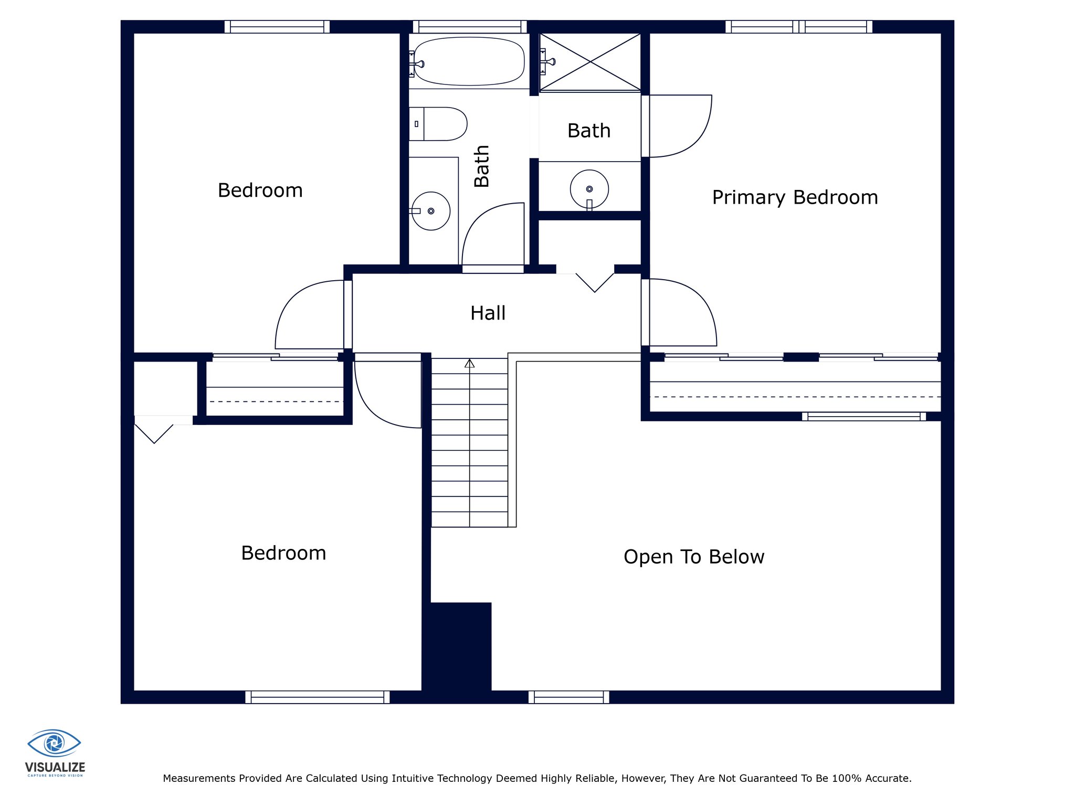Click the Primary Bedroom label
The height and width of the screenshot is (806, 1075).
(x=795, y=198)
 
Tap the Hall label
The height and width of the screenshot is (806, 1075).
(x=488, y=313)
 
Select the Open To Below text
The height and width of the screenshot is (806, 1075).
(x=694, y=557)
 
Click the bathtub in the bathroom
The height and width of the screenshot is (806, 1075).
(x=469, y=61)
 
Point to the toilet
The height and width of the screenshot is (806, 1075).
(x=438, y=124)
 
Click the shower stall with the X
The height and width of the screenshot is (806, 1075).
(x=590, y=62)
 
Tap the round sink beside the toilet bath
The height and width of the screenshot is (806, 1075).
(x=431, y=211)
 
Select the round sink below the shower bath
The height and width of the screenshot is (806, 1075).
(x=589, y=189)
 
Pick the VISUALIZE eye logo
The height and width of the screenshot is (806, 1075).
(x=54, y=743)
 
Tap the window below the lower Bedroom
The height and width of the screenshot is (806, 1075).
(x=318, y=697)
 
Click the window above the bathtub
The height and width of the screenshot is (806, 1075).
(x=469, y=27)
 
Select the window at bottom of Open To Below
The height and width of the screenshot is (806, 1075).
(x=569, y=697)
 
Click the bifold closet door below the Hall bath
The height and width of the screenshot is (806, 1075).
(x=595, y=282)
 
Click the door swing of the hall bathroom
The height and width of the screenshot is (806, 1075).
(x=493, y=234)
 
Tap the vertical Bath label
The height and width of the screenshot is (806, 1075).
(x=481, y=166)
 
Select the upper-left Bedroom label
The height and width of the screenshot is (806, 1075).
(x=260, y=190)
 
